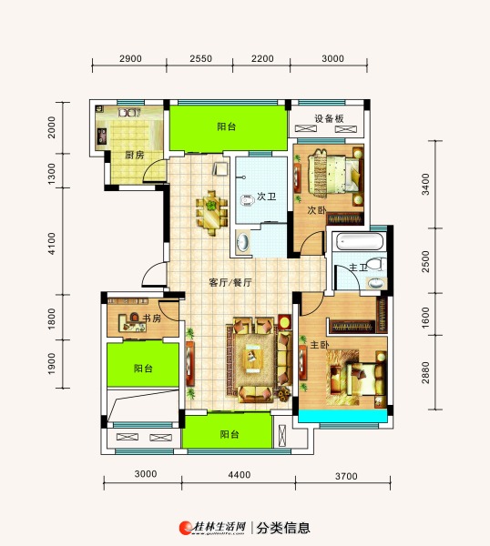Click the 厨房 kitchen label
pyautogui.click(x=135, y=155)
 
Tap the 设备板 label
pyautogui.click(x=329, y=118)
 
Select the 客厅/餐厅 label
pyautogui.click(x=230, y=282)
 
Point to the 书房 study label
pyautogui.click(x=152, y=318)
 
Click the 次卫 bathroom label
pyautogui.click(x=267, y=197)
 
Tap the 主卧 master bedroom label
pyautogui.click(x=320, y=345)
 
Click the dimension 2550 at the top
pyautogui.click(x=200, y=58)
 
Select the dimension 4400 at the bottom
pyautogui.click(x=239, y=475)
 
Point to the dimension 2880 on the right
pyautogui.click(x=425, y=372)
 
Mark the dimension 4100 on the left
pyautogui.click(x=51, y=244)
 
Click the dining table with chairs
pyautogui.click(x=211, y=212)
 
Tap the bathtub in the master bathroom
pyautogui.click(x=361, y=241)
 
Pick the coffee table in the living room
pyautogui.click(x=254, y=356)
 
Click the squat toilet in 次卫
pyautogui.click(x=248, y=200)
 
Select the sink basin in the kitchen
pyautogui.click(x=128, y=113)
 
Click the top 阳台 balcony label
pyautogui.click(x=227, y=126)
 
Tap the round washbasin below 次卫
pyautogui.click(x=243, y=240)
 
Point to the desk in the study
pyautogui.click(x=132, y=323)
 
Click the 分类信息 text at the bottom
pyautogui.click(x=283, y=528)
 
